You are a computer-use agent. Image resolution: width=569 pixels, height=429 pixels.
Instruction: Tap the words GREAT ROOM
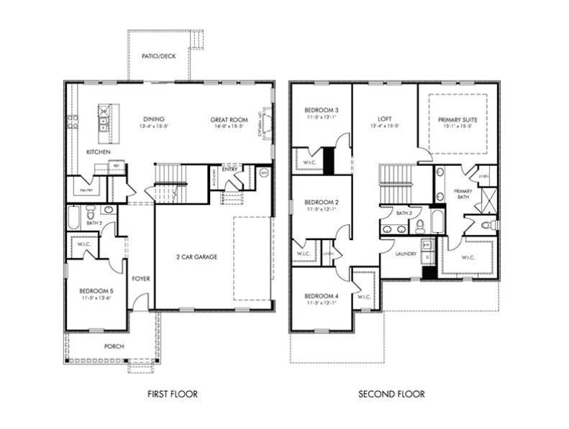[x=229, y=120]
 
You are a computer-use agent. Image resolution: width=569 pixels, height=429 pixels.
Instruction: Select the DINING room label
[x=153, y=120]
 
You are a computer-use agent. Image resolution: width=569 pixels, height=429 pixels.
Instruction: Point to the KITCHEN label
[x=98, y=152]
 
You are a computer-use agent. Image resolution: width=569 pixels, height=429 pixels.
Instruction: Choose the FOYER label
[x=141, y=279]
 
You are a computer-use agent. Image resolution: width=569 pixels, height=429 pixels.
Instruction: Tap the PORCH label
[x=114, y=346]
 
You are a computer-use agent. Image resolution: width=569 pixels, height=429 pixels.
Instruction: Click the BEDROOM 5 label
[x=96, y=291]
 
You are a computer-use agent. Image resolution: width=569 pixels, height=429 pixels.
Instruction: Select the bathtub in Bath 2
[x=74, y=216]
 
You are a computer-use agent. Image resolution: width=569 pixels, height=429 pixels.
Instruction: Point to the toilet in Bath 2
[x=91, y=213]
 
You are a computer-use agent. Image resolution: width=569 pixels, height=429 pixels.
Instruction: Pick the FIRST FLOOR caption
[x=172, y=394]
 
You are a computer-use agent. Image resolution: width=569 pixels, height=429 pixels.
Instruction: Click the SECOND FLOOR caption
[x=391, y=394]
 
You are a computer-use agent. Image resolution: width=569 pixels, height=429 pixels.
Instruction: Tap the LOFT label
[x=384, y=119]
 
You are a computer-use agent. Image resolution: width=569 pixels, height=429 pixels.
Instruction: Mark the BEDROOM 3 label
[x=321, y=110]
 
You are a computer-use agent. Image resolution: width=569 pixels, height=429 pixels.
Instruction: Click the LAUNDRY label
[x=405, y=254]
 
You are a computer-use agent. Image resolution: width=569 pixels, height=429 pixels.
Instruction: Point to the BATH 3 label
[x=404, y=213]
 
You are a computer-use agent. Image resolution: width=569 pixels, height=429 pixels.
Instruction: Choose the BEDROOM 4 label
[x=321, y=296]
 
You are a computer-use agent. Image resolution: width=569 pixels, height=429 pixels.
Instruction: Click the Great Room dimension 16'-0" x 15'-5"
[x=229, y=126]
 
